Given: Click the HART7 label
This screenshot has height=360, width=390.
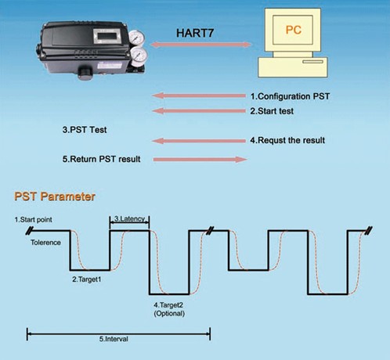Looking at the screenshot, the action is pos(195,33).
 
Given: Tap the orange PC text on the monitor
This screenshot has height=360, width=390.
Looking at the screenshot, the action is pos(294,30).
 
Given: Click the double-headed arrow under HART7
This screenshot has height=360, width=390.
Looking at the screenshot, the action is pos(200,45).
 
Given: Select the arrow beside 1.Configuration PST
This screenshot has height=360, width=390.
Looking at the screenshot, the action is pos(199,95).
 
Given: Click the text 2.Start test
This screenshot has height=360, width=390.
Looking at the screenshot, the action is pos(272,111).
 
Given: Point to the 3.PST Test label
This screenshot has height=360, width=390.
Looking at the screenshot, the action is pos(85,130).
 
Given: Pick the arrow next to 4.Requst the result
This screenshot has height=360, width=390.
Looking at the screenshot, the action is pos(199,141).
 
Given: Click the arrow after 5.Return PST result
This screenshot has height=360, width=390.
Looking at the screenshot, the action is pos(200,160).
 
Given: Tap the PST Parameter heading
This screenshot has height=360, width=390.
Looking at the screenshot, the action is pos(55,196).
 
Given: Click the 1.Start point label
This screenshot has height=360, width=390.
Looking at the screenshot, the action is pos(33,220).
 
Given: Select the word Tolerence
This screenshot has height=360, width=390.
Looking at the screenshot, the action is pos(45,243).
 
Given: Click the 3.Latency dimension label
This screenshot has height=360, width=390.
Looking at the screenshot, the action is pos(129,218).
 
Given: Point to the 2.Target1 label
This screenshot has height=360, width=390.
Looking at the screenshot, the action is pos(86,279).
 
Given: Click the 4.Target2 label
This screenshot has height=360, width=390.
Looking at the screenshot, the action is pos(168,304).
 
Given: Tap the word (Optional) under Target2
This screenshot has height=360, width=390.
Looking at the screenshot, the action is pos(169,313).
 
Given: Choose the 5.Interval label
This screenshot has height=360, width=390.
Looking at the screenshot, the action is pos(114,339).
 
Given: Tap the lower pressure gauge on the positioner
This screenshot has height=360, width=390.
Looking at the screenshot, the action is pos(139,56).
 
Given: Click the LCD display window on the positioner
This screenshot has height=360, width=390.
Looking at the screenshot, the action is pos(107,35).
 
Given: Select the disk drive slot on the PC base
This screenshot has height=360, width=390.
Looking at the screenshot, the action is pos(312,62).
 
